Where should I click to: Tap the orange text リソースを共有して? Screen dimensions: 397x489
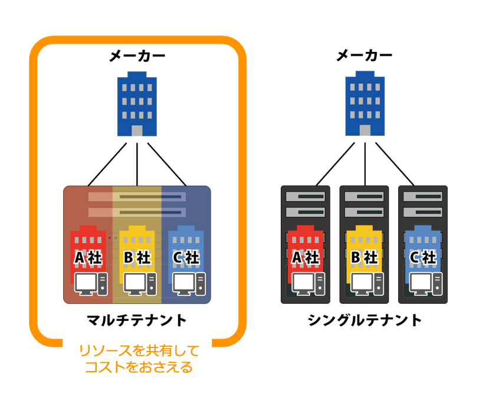(139, 352)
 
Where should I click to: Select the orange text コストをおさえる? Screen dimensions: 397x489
(139, 368)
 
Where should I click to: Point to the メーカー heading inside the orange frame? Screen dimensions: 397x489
(137, 57)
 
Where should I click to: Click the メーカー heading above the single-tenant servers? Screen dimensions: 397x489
(365, 57)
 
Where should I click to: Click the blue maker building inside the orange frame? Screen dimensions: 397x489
(137, 104)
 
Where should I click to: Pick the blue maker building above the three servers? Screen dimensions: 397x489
(365, 104)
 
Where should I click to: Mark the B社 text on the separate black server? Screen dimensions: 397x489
(364, 258)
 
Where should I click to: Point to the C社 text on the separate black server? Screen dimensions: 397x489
(422, 258)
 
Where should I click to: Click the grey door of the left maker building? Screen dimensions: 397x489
(137, 131)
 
